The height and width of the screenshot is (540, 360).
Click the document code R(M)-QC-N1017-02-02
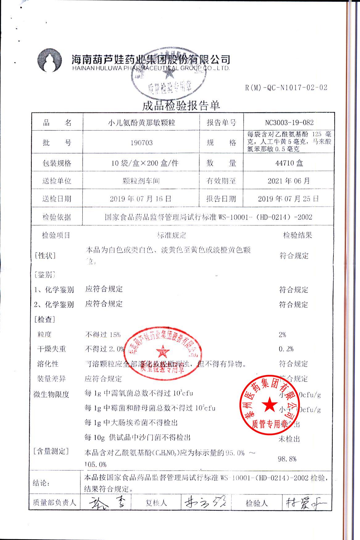pyautogui.click(x=286, y=88)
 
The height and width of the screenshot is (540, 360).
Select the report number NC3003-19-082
pyautogui.click(x=289, y=123)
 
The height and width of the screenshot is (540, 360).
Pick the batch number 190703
pyautogui.click(x=142, y=143)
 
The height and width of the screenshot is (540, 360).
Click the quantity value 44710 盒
pyautogui.click(x=289, y=163)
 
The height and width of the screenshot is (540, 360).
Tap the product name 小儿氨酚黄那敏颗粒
pyautogui.click(x=141, y=123)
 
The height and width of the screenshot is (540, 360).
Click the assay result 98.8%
pyautogui.click(x=287, y=459)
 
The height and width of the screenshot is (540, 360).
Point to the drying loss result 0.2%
pyautogui.click(x=286, y=349)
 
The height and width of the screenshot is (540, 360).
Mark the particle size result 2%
pyautogui.click(x=282, y=334)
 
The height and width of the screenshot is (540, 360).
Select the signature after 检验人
pyautogui.click(x=305, y=503)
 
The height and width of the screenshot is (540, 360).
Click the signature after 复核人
pyautogui.click(x=205, y=503)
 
